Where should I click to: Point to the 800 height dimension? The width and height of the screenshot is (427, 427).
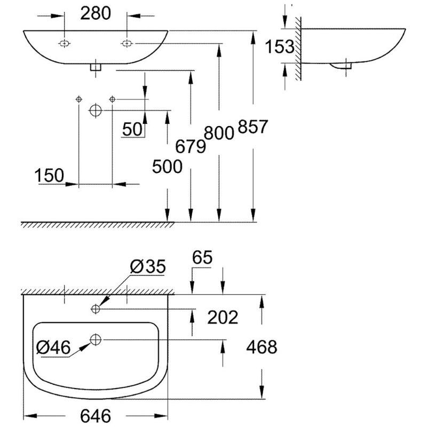click(x=219, y=132)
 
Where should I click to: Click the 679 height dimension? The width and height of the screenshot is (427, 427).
click(x=191, y=146)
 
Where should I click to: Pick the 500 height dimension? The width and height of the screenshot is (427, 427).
click(x=167, y=167)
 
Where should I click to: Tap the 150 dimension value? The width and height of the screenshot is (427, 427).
click(x=50, y=175)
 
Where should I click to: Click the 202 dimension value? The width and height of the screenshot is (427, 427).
click(x=222, y=317)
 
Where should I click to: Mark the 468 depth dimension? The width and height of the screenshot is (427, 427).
click(x=261, y=347)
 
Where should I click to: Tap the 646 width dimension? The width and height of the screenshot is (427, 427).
click(x=96, y=415)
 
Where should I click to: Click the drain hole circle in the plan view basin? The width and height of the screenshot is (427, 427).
click(x=96, y=339)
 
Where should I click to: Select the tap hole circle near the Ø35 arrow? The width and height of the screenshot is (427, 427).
click(x=96, y=309)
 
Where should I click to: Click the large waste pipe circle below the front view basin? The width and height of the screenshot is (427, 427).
click(x=95, y=110)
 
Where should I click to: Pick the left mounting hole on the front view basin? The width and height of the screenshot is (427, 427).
click(x=64, y=43)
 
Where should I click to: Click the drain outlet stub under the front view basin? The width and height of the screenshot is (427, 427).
click(x=96, y=67)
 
